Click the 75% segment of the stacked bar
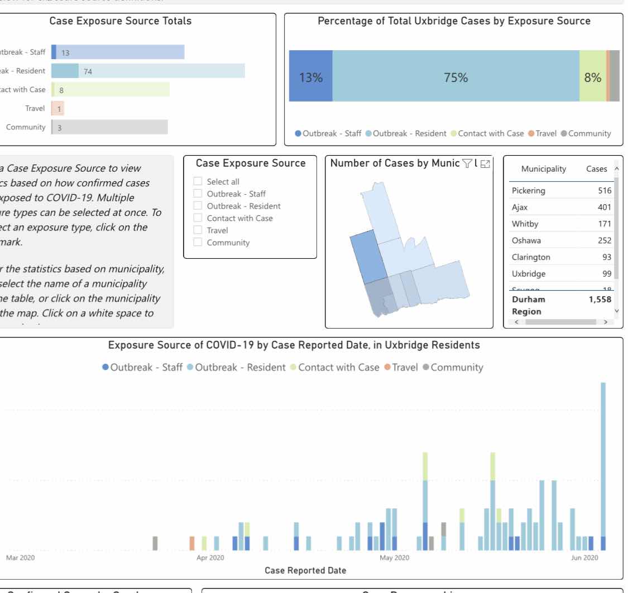456,78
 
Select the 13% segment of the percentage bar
310,78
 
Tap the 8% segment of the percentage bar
592,78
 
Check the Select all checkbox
197,181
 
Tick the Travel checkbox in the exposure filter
197,230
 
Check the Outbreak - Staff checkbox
197,194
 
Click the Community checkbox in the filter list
197,242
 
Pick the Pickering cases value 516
604,191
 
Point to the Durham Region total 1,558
600,300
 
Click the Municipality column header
543,169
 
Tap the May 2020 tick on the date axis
394,557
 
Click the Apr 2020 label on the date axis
210,557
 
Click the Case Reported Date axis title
305,570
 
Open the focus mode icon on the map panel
485,163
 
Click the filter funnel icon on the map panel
467,163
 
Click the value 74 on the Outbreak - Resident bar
88,71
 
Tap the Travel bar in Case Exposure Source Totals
54,108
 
